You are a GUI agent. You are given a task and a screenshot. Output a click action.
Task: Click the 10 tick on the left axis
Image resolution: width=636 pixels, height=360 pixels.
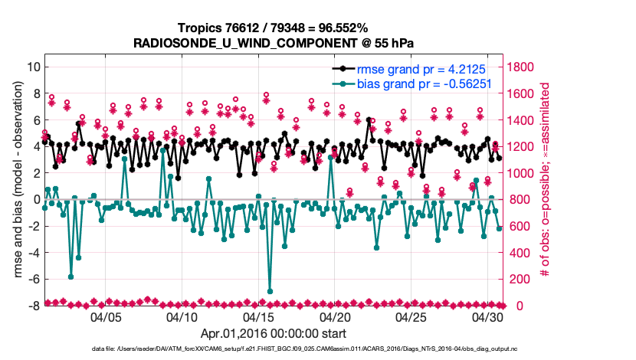[x=33, y=67]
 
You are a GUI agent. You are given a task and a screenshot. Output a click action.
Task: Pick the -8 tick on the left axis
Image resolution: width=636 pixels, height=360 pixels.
[x=33, y=306]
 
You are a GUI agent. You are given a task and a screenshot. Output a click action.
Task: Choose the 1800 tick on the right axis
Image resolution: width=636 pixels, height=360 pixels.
[x=523, y=67]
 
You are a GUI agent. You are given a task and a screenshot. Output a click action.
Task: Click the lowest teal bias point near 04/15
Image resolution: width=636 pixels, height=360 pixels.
[x=270, y=291]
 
